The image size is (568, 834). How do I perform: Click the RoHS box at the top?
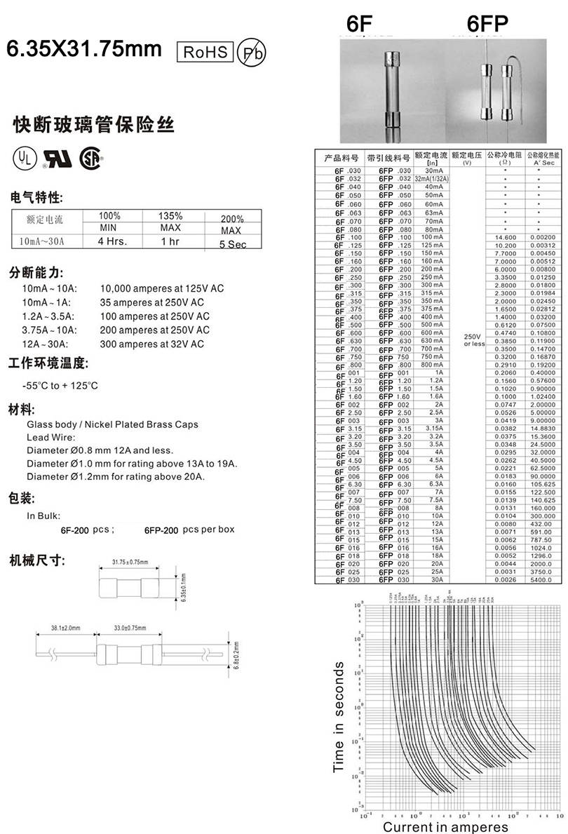point(206,52)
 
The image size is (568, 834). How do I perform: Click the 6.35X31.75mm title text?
point(84,50)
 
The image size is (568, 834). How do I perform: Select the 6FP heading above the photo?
point(487,24)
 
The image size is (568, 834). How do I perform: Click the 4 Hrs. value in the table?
point(110,241)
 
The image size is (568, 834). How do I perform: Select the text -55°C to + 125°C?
point(60,386)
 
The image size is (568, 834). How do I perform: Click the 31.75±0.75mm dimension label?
point(132,562)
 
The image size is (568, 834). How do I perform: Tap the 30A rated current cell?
point(433,579)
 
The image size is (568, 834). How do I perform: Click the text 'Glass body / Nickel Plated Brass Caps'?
point(112,424)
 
